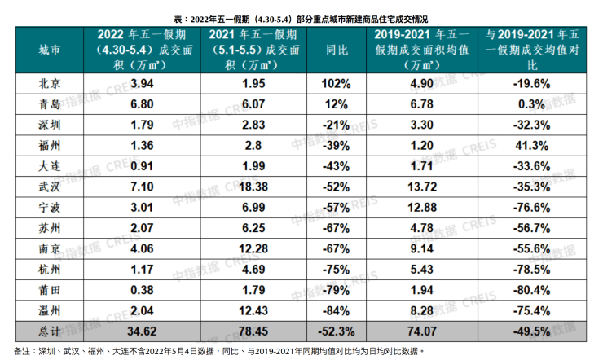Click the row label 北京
(50, 83)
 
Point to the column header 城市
(50, 50)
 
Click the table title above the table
(302, 17)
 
